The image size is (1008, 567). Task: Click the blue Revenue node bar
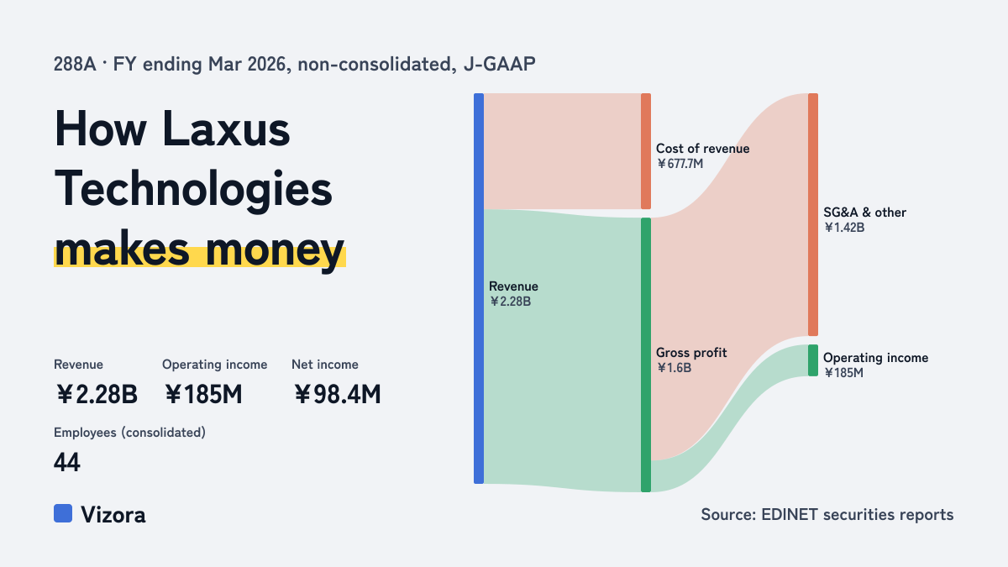click(479, 288)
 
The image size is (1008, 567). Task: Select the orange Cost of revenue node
click(646, 151)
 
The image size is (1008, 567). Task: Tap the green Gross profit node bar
click(646, 354)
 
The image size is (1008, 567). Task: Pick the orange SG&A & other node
click(813, 214)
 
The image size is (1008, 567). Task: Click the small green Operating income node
click(813, 360)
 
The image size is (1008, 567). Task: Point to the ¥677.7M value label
click(680, 163)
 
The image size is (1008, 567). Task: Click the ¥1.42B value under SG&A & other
click(844, 228)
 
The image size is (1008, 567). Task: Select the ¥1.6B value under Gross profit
click(674, 368)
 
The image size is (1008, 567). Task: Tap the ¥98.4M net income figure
click(337, 394)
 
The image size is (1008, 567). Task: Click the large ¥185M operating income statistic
click(203, 394)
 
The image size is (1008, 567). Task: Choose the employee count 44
click(67, 462)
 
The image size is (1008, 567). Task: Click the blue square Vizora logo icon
click(63, 513)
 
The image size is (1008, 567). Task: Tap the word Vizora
click(113, 514)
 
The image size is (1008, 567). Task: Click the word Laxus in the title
click(226, 129)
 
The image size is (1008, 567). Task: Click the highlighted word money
click(275, 249)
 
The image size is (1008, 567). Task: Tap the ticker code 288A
click(75, 64)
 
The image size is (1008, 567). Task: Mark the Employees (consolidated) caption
click(129, 433)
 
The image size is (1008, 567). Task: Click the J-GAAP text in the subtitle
click(500, 64)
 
